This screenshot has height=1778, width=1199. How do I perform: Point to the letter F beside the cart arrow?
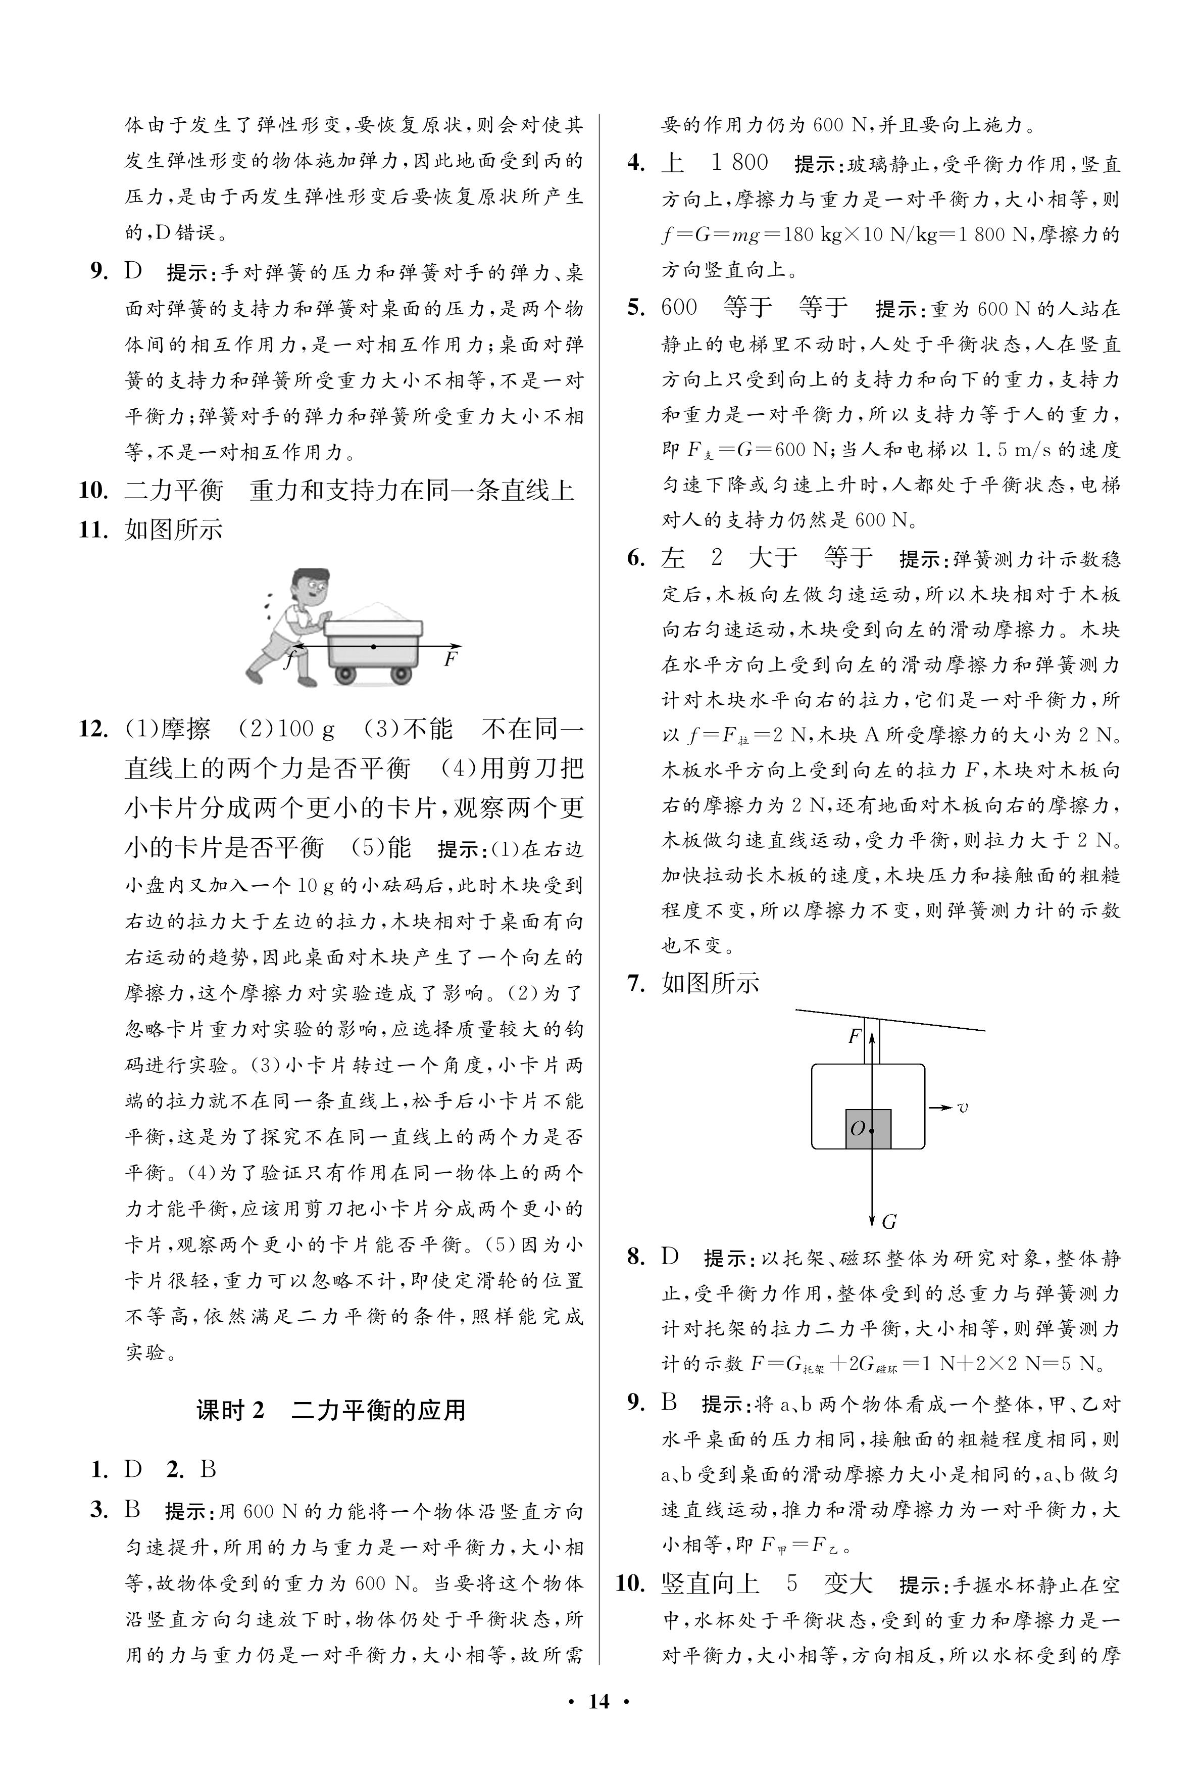pyautogui.click(x=451, y=658)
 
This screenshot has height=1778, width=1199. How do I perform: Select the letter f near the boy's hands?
pyautogui.click(x=289, y=659)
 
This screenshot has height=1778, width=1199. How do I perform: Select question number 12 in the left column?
pyautogui.click(x=93, y=729)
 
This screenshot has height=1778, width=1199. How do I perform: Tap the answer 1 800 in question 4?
pyautogui.click(x=739, y=163)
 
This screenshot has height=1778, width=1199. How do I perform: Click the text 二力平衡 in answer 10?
pyautogui.click(x=174, y=490)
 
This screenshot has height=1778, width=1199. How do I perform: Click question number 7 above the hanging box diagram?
pyautogui.click(x=636, y=983)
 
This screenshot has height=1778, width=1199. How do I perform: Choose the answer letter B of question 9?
pyautogui.click(x=669, y=1402)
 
